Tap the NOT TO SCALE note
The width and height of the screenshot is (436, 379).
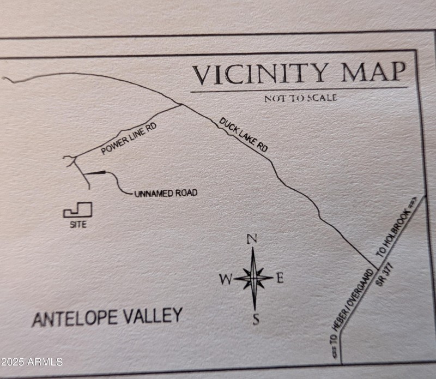[x=300, y=98]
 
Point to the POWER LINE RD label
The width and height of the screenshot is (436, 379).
[x=129, y=139]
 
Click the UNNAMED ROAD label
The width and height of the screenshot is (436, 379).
[x=166, y=193]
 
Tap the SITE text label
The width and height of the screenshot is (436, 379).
[x=78, y=224]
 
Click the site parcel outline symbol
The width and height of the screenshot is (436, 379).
[x=78, y=210]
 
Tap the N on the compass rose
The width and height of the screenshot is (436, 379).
[x=252, y=239]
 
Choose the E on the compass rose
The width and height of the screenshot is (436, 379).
[x=280, y=278]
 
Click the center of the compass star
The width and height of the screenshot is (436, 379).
[x=253, y=278]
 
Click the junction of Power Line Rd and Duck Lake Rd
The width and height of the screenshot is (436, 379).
[x=181, y=104]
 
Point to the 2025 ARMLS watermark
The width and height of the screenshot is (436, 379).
[x=32, y=362]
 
